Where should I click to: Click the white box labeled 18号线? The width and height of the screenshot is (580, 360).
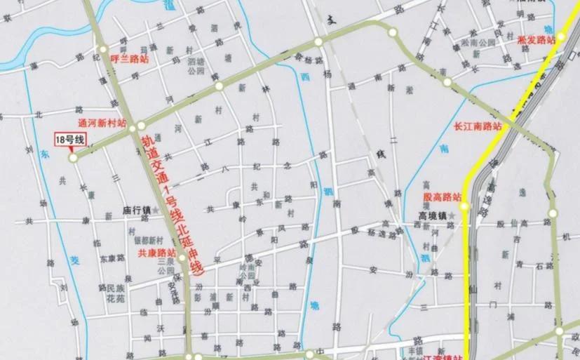(x=70, y=140)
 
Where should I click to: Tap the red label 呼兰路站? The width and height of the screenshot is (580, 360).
(x=130, y=60)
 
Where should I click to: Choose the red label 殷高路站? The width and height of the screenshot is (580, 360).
(x=443, y=196)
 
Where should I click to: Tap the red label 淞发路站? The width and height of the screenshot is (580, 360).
(x=535, y=41)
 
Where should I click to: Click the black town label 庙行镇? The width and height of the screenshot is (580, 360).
(x=137, y=210)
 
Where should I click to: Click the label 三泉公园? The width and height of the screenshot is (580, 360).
(x=166, y=265)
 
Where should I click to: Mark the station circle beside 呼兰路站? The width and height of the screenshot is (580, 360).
(x=103, y=49)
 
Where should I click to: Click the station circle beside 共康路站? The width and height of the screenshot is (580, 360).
(x=182, y=258)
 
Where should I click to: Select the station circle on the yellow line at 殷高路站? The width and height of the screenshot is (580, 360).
(x=464, y=206)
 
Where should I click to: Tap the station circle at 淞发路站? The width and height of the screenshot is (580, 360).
(x=561, y=37)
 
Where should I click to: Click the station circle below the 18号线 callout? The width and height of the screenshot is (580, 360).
(x=73, y=159)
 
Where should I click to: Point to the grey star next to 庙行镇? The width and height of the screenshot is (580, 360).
(x=157, y=210)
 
